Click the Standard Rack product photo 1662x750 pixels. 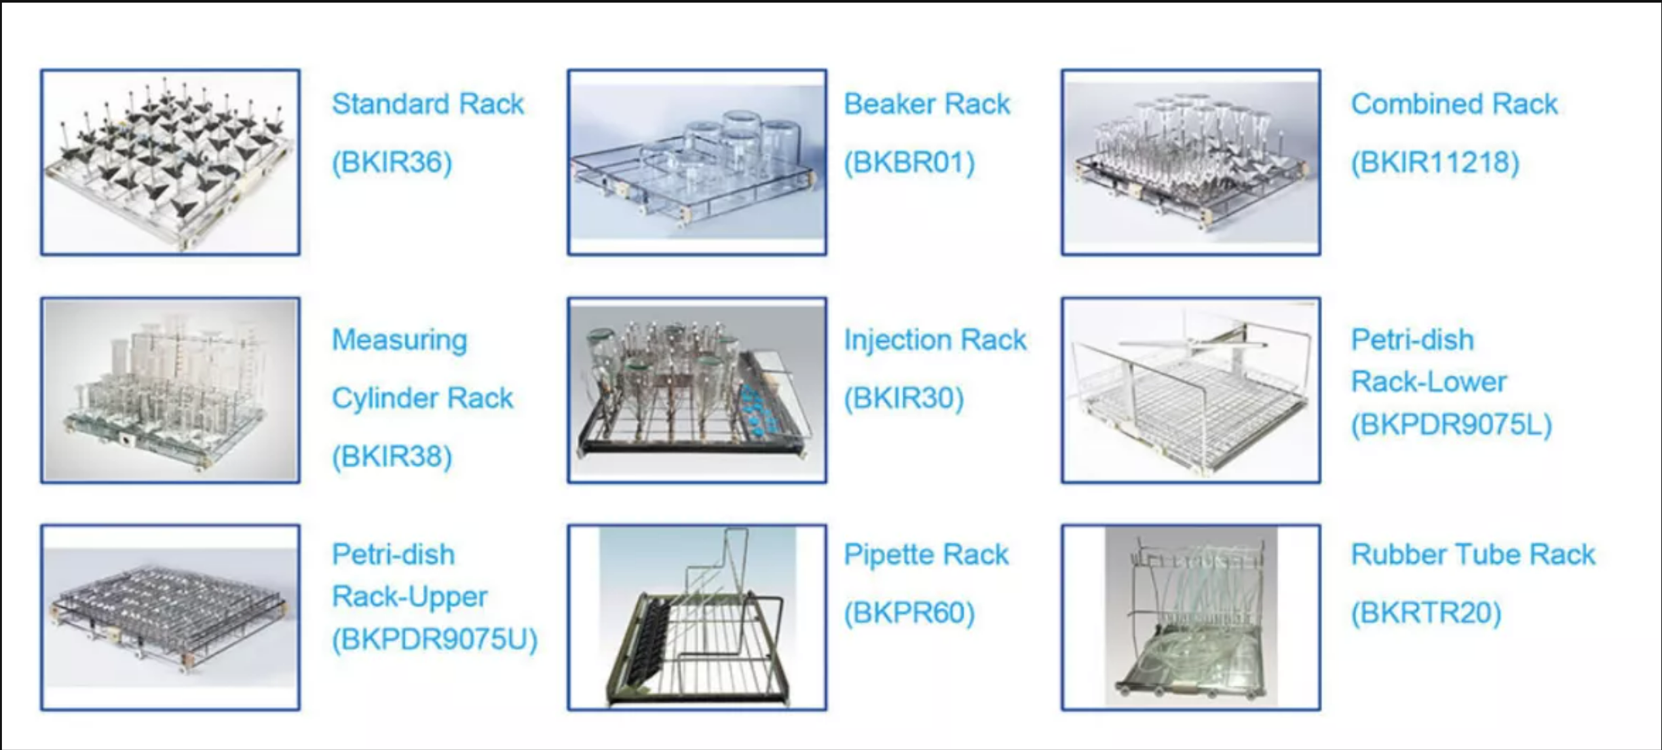pyautogui.click(x=170, y=162)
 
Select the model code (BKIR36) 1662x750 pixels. pyautogui.click(x=392, y=162)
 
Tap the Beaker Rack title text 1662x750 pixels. pyautogui.click(x=926, y=103)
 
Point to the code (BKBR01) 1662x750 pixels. pyautogui.click(x=909, y=162)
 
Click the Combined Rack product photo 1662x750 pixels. pyautogui.click(x=1191, y=162)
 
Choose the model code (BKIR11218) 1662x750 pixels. pyautogui.click(x=1435, y=162)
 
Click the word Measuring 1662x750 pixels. pyautogui.click(x=400, y=341)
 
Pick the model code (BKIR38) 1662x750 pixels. pyautogui.click(x=392, y=457)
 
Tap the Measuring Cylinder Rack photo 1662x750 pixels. pyautogui.click(x=170, y=390)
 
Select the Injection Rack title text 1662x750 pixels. pyautogui.click(x=935, y=340)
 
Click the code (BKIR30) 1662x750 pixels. pyautogui.click(x=904, y=398)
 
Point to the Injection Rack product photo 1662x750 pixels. pyautogui.click(x=697, y=390)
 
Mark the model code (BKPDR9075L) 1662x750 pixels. pyautogui.click(x=1452, y=424)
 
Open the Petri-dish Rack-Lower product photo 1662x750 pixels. pyautogui.click(x=1191, y=390)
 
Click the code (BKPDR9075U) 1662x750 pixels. pyautogui.click(x=434, y=639)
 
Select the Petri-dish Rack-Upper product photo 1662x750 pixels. pyautogui.click(x=170, y=617)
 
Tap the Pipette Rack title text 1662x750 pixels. pyautogui.click(x=926, y=555)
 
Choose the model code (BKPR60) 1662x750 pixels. pyautogui.click(x=909, y=613)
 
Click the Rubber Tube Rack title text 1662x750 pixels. pyautogui.click(x=1473, y=555)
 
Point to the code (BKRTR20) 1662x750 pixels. pyautogui.click(x=1426, y=613)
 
